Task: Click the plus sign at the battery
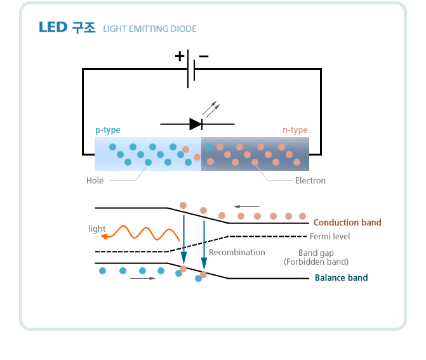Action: (x=180, y=56)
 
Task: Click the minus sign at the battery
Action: (x=203, y=56)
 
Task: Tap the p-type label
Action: (x=108, y=130)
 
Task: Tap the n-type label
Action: (x=295, y=130)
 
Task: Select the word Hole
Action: (x=95, y=181)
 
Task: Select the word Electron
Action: (x=310, y=181)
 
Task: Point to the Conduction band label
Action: (x=347, y=223)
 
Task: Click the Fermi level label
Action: (x=329, y=237)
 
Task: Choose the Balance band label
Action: (x=341, y=278)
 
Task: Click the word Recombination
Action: (x=237, y=253)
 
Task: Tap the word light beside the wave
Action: (x=97, y=229)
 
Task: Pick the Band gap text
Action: (x=316, y=253)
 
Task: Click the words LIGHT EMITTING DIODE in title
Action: (x=150, y=29)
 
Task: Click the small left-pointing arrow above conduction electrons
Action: (x=246, y=206)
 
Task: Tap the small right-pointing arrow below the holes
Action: (x=142, y=279)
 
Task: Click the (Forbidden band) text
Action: (x=316, y=262)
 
